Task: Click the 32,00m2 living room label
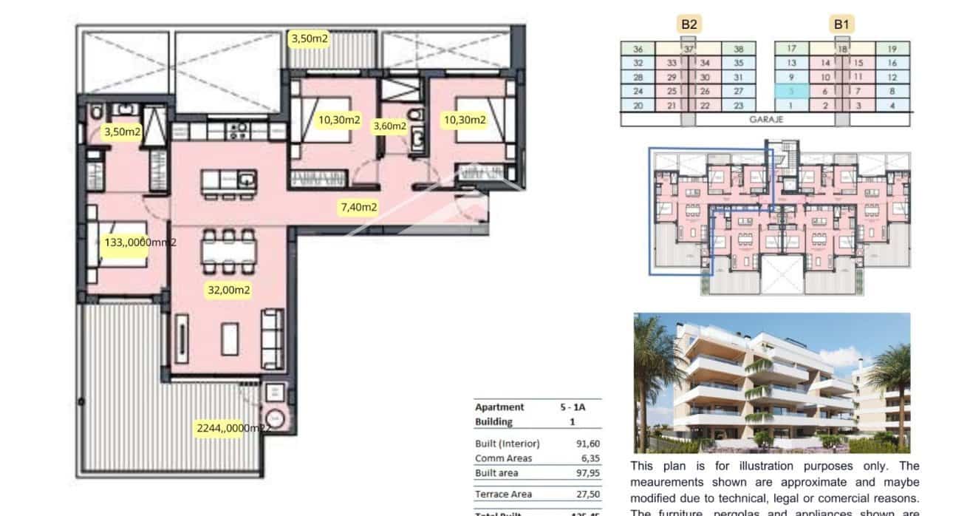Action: point(229,291)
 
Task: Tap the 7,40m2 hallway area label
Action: point(358,207)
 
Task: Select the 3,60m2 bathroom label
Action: point(389,126)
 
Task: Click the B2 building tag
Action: point(689,24)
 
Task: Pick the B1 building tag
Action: point(841,24)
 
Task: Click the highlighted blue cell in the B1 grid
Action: point(791,91)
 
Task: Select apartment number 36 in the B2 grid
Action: point(638,50)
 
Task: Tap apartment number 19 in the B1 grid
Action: point(892,50)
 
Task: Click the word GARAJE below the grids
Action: point(765,118)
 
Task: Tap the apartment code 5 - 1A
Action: point(573,407)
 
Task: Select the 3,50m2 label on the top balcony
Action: point(309,38)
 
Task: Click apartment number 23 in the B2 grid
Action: point(739,106)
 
